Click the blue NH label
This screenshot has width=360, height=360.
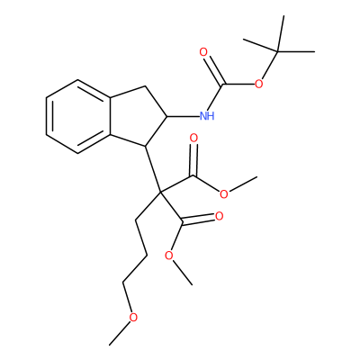207,115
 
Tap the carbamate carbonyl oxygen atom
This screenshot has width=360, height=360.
203,53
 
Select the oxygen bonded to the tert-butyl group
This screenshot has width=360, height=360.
258,84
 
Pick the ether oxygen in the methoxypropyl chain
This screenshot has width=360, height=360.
133,317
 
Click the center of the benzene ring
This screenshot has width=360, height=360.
78,116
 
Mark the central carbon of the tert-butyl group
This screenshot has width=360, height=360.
278,52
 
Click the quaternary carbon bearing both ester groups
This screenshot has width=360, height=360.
160,191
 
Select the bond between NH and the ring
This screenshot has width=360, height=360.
183,116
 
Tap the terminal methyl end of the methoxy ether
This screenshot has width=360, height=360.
110,345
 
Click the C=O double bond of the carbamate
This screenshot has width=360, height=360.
214,70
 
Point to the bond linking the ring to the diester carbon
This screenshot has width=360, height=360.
153,168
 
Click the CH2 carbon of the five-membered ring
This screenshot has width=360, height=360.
145,86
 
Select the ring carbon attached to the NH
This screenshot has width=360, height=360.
166,116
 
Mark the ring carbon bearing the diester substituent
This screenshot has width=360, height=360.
145,146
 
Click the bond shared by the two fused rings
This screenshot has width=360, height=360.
110,116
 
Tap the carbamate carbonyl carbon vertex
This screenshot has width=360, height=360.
223,85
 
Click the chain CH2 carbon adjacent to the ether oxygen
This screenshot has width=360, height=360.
122,283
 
